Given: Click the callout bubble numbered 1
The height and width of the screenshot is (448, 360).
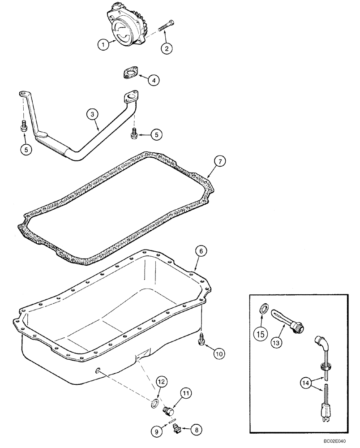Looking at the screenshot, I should pos(104,44).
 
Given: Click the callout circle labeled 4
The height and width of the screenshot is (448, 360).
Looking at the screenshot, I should pos(153,81).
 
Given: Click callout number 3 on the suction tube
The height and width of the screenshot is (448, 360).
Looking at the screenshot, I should pos(92,115).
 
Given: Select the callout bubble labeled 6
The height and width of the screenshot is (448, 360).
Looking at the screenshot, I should pos(201,252).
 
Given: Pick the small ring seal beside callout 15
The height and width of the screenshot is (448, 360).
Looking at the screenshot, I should pos(265,308).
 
